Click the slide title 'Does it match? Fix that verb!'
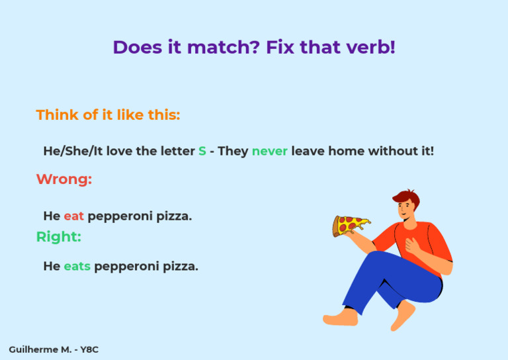[x=254, y=48]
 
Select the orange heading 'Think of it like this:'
[x=108, y=115]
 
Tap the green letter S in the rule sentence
[x=202, y=152]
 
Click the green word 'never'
[x=269, y=152]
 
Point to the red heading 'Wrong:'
[x=63, y=179]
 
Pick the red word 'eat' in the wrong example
[x=73, y=216]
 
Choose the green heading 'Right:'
[x=58, y=237]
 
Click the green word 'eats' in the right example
[x=77, y=267]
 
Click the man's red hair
[x=406, y=197]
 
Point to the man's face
[x=405, y=209]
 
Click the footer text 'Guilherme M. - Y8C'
[x=54, y=349]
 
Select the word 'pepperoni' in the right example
[x=124, y=267]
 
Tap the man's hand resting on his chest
[x=412, y=245]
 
